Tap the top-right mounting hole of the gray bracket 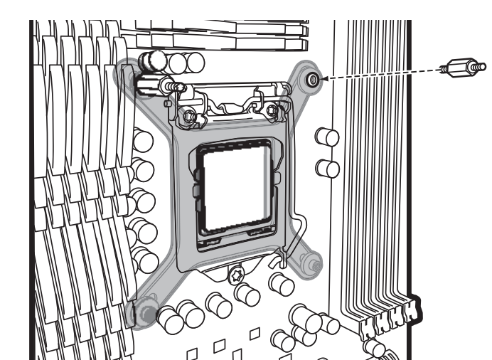tap(311, 80)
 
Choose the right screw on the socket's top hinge tap(272, 110)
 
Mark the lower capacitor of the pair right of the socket tap(326, 168)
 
